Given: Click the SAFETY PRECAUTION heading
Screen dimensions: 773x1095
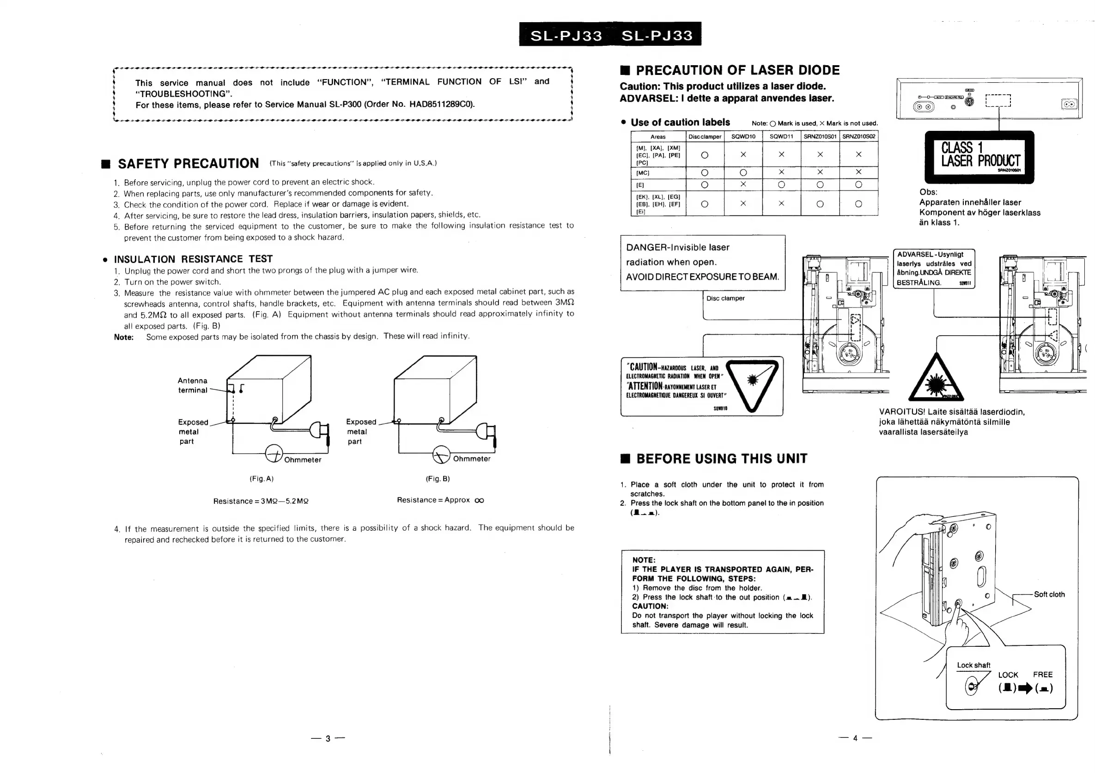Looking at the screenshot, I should pyautogui.click(x=188, y=164).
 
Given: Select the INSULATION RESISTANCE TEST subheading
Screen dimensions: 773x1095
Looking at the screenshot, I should pyautogui.click(x=193, y=259).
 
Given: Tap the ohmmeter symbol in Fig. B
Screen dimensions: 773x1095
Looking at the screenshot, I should pyautogui.click(x=441, y=454).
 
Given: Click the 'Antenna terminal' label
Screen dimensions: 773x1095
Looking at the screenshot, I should pyautogui.click(x=193, y=385).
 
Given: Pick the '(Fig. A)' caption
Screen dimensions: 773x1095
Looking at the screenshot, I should pyautogui.click(x=262, y=479).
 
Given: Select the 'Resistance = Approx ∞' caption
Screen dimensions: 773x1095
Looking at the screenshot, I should pyautogui.click(x=440, y=500).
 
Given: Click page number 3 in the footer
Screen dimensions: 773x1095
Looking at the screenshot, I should pyautogui.click(x=328, y=739).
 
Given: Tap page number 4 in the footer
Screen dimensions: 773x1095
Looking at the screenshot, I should pyautogui.click(x=855, y=738).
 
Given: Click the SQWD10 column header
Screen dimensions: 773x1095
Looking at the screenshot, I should pyautogui.click(x=743, y=136).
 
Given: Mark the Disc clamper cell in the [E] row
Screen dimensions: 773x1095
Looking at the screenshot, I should pyautogui.click(x=705, y=184).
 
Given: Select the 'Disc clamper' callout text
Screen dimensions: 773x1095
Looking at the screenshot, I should pyautogui.click(x=725, y=298).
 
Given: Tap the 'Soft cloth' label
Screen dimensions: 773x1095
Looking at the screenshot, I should pyautogui.click(x=1049, y=594).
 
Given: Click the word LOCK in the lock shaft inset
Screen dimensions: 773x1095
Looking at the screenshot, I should pyautogui.click(x=1008, y=675).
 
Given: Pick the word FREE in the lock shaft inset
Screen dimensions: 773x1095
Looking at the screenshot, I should pyautogui.click(x=1042, y=675).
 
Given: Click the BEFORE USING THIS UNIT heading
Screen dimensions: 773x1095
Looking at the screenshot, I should pyautogui.click(x=721, y=459).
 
